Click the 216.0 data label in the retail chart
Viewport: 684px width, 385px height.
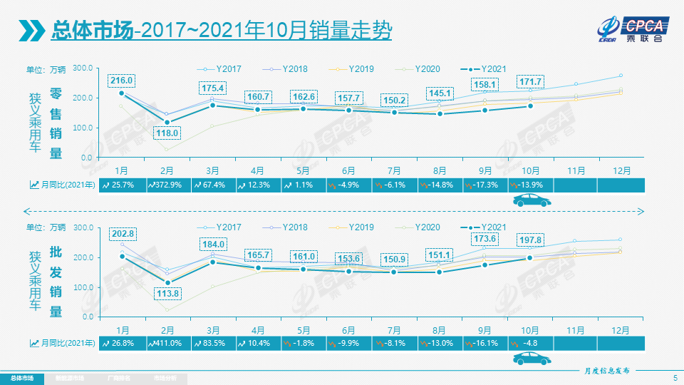pyautogui.click(x=122, y=81)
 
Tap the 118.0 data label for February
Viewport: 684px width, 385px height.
pyautogui.click(x=167, y=133)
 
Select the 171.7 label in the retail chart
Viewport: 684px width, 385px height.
pyautogui.click(x=530, y=81)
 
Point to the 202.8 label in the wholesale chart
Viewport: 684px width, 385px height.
pyautogui.click(x=122, y=234)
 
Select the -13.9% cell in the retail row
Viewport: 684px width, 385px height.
pyautogui.click(x=530, y=185)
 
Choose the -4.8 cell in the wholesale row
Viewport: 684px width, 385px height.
pyautogui.click(x=530, y=343)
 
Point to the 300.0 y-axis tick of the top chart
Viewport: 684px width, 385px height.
pyautogui.click(x=83, y=68)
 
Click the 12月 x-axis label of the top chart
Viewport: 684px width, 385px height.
pyautogui.click(x=621, y=171)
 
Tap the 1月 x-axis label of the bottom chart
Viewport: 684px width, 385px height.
pyautogui.click(x=122, y=329)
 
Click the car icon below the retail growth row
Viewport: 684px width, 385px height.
pyautogui.click(x=530, y=202)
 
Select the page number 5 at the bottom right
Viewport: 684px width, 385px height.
pyautogui.click(x=675, y=377)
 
